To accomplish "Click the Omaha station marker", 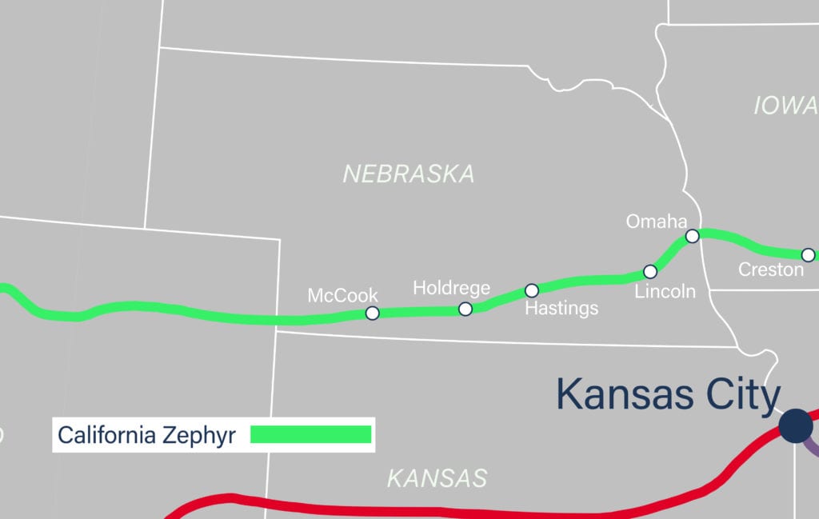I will [x=693, y=235].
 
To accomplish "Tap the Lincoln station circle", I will [x=650, y=272].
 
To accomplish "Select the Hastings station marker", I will [x=532, y=290].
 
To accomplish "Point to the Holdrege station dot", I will [x=465, y=309].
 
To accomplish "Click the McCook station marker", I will [x=372, y=313].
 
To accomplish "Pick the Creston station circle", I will [x=808, y=255].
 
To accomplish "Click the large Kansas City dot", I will [x=796, y=425].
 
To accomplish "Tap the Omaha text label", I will [x=657, y=222].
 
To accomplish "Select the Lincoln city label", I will [x=665, y=292].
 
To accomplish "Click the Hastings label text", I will [x=561, y=308].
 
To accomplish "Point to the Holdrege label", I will [x=451, y=288].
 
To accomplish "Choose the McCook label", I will [x=343, y=296].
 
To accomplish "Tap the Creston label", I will [x=771, y=270].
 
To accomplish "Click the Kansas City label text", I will [x=668, y=394].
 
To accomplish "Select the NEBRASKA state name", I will [x=409, y=174].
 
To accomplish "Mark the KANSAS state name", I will [x=437, y=478].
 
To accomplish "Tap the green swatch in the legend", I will [x=311, y=434].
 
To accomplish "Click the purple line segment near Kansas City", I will [x=811, y=445].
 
